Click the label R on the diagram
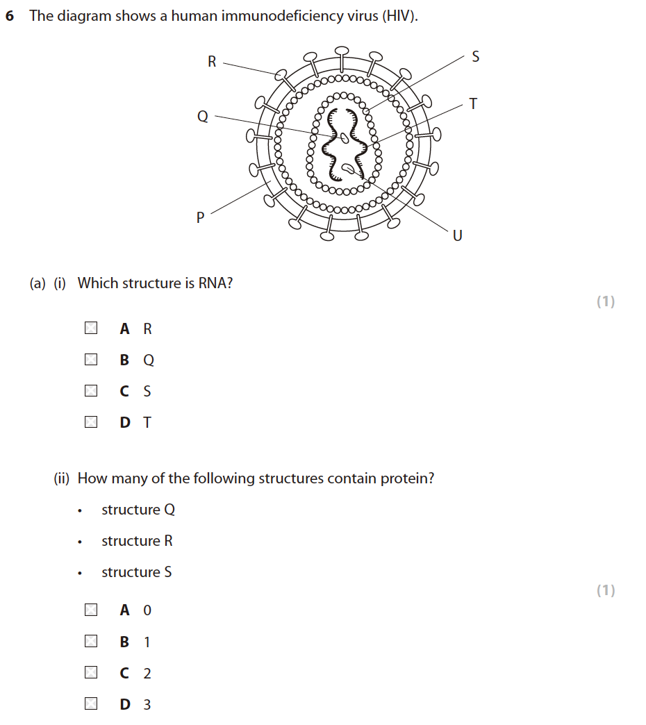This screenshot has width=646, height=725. pos(212,62)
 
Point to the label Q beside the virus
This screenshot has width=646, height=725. pos(203,117)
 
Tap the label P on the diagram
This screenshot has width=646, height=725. pos(201,218)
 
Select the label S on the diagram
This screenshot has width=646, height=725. pos(475,57)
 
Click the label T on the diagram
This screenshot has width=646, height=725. pos(473,104)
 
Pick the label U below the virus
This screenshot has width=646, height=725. pos(457,236)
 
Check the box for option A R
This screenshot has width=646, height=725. pos(91,328)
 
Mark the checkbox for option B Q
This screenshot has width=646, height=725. pos(91,360)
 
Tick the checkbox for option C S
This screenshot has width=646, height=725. pos(91,391)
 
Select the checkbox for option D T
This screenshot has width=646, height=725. pos(91,422)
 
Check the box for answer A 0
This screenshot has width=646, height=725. pos(91,610)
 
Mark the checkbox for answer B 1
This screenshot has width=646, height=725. pos(91,642)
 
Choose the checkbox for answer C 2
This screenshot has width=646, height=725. pos(91,673)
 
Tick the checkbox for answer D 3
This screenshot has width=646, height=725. pos(91,704)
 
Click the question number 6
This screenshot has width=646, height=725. pos(10,16)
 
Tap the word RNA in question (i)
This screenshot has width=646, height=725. pos(213,283)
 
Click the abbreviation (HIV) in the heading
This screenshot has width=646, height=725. pos(399,16)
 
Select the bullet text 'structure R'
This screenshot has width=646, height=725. pos(137,541)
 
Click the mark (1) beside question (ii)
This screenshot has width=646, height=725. pos(606,590)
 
